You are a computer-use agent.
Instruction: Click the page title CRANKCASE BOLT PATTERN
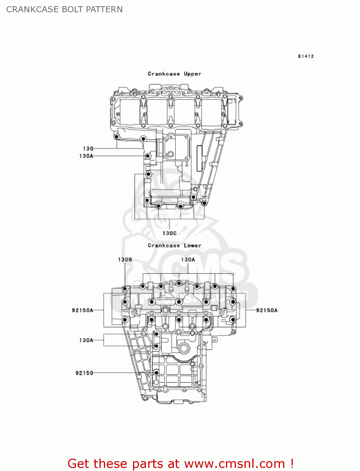pyautogui.click(x=64, y=9)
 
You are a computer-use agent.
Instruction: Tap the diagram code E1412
pyautogui.click(x=306, y=56)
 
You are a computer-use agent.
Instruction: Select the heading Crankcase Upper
pyautogui.click(x=175, y=74)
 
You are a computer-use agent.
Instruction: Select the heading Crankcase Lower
pyautogui.click(x=175, y=246)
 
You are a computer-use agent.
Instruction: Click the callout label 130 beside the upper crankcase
pyautogui.click(x=88, y=149)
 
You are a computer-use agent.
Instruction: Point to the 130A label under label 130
pyautogui.click(x=86, y=156)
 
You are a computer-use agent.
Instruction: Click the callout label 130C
pyautogui.click(x=169, y=233)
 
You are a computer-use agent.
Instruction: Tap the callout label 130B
pyautogui.click(x=125, y=260)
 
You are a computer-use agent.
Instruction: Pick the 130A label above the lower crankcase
pyautogui.click(x=188, y=260)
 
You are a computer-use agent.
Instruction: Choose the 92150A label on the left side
pyautogui.click(x=83, y=310)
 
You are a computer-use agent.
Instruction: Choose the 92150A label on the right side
pyautogui.click(x=267, y=310)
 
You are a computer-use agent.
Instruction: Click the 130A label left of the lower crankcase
pyautogui.click(x=86, y=340)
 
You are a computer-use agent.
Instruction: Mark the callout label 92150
pyautogui.click(x=84, y=373)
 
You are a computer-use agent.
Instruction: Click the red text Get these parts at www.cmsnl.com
pyautogui.click(x=180, y=463)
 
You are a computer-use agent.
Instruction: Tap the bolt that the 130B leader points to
pyautogui.click(x=125, y=289)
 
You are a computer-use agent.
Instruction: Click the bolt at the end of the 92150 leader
pyautogui.click(x=156, y=373)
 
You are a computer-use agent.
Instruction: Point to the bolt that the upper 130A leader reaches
pyautogui.click(x=148, y=156)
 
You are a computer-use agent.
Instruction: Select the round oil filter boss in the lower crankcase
pyautogui.click(x=184, y=348)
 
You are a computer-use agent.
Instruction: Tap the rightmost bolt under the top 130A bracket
pyautogui.click(x=233, y=289)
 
